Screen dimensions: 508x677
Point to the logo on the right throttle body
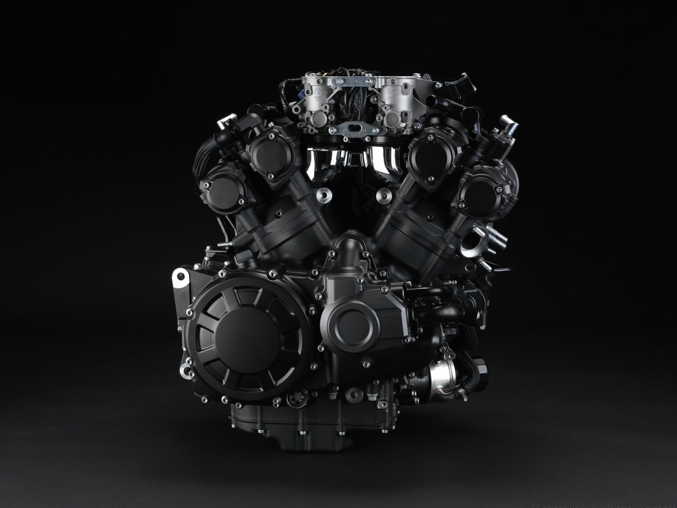(x=394, y=89)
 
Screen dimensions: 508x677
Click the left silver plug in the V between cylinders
(x=323, y=195)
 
